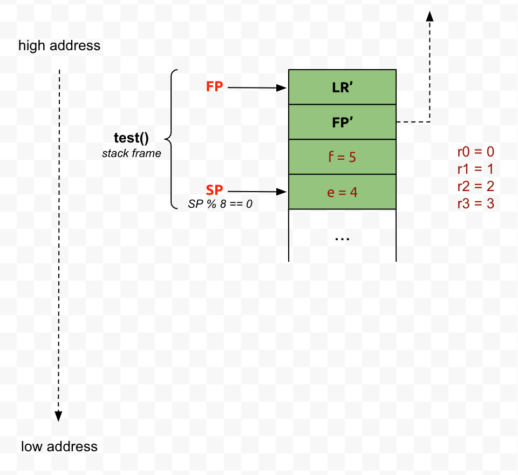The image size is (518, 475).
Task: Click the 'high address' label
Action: click(59, 45)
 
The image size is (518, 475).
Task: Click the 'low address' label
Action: click(59, 446)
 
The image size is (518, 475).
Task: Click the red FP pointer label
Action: click(215, 87)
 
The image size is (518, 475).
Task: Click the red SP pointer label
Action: click(215, 191)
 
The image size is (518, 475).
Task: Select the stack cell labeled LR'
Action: click(342, 87)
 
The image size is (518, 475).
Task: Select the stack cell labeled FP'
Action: click(342, 122)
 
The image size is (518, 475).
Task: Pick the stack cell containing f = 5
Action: click(342, 157)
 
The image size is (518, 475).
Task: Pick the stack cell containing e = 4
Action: click(342, 192)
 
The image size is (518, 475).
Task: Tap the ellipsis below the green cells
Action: click(342, 237)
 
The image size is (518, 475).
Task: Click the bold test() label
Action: click(131, 139)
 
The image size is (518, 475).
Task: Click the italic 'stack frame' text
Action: click(132, 153)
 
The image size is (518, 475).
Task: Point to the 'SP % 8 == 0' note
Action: click(220, 204)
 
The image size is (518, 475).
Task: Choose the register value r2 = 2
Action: click(476, 187)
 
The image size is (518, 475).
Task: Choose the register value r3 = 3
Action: click(476, 204)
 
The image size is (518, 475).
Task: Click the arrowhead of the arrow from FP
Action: click(282, 88)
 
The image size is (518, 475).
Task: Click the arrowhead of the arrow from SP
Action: click(282, 192)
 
